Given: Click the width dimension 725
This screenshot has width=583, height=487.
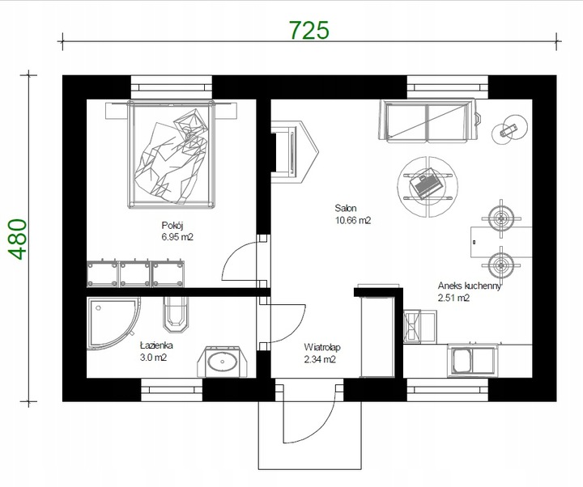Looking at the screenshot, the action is click(x=309, y=30).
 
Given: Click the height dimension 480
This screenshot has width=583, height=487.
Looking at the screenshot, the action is click(x=18, y=239).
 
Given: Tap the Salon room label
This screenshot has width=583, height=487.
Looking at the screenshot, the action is click(x=346, y=208).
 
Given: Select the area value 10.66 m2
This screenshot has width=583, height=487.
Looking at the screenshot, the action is click(x=353, y=220).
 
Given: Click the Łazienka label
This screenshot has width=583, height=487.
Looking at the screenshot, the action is click(x=156, y=345).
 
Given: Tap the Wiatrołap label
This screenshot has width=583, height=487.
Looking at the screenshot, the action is click(x=322, y=347).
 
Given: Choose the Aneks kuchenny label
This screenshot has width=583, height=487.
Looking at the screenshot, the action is click(x=469, y=286).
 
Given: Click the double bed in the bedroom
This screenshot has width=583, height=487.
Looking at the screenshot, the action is click(x=172, y=154).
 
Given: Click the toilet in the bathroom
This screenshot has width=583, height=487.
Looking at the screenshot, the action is click(x=177, y=314).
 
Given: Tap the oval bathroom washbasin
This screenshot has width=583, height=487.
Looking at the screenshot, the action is click(x=222, y=361).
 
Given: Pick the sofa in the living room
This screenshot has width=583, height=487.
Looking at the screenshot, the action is click(x=428, y=121).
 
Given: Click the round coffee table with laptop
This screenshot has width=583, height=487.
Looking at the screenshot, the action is click(x=428, y=187).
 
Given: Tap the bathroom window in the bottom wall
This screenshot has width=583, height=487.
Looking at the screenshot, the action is click(x=172, y=390).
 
